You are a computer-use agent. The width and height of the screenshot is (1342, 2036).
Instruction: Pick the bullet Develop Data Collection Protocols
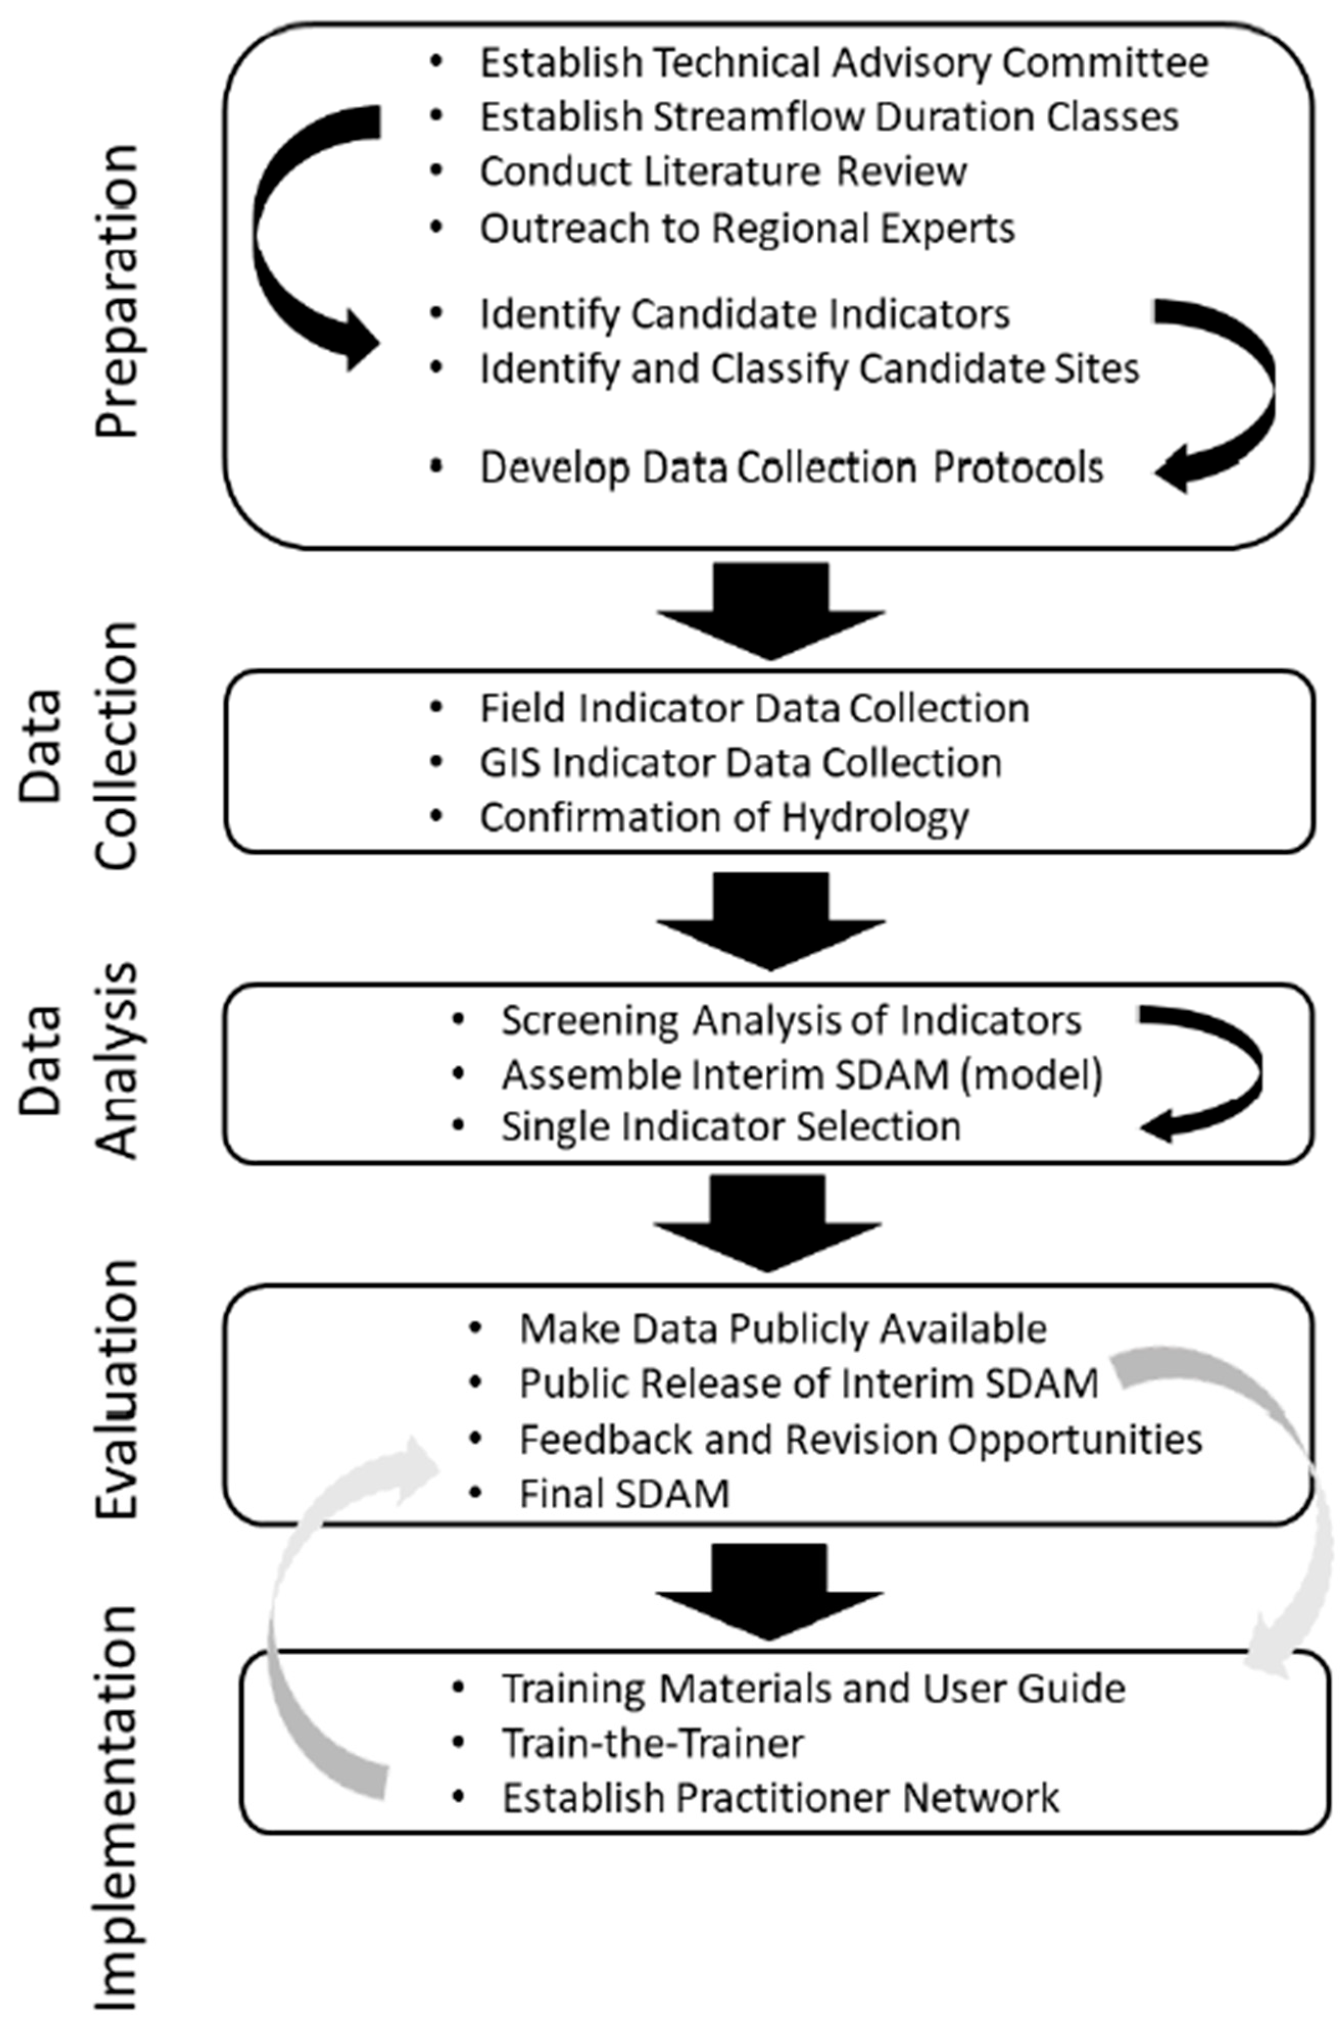pyautogui.click(x=792, y=468)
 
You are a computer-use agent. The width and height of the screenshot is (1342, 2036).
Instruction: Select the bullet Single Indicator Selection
pyautogui.click(x=731, y=1127)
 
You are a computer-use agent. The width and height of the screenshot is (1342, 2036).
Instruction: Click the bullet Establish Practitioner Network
pyautogui.click(x=779, y=1799)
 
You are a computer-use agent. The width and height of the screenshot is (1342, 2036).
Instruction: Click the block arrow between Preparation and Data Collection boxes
pyautogui.click(x=770, y=609)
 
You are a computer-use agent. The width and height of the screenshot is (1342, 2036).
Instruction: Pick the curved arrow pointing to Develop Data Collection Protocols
pyautogui.click(x=1241, y=394)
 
